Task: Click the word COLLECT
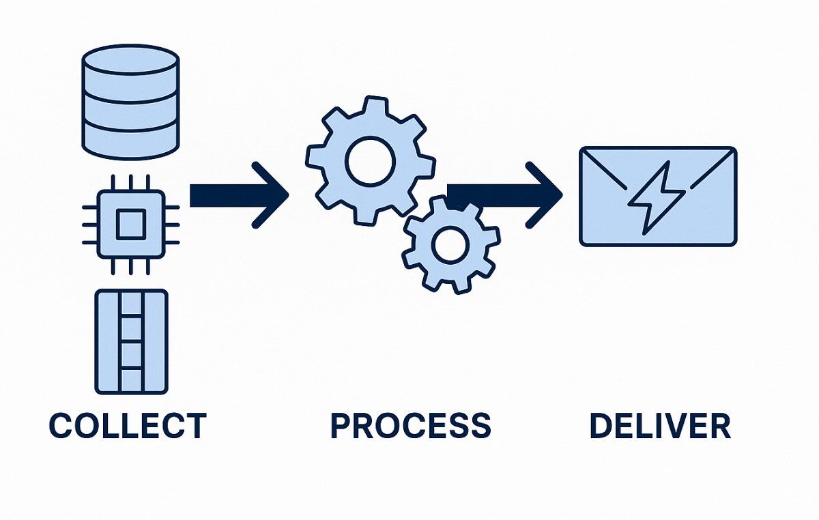pyautogui.click(x=128, y=426)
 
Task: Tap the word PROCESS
pyautogui.click(x=411, y=426)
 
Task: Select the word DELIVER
pyautogui.click(x=660, y=426)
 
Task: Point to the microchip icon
pyautogui.click(x=130, y=225)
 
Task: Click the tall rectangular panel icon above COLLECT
pyautogui.click(x=131, y=342)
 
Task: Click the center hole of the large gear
pyautogui.click(x=370, y=161)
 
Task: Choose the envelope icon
pyautogui.click(x=657, y=196)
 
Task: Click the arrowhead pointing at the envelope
pyautogui.click(x=545, y=194)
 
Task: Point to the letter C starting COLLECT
pyautogui.click(x=60, y=426)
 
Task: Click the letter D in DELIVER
pyautogui.click(x=601, y=426)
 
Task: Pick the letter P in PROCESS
pyautogui.click(x=342, y=426)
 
